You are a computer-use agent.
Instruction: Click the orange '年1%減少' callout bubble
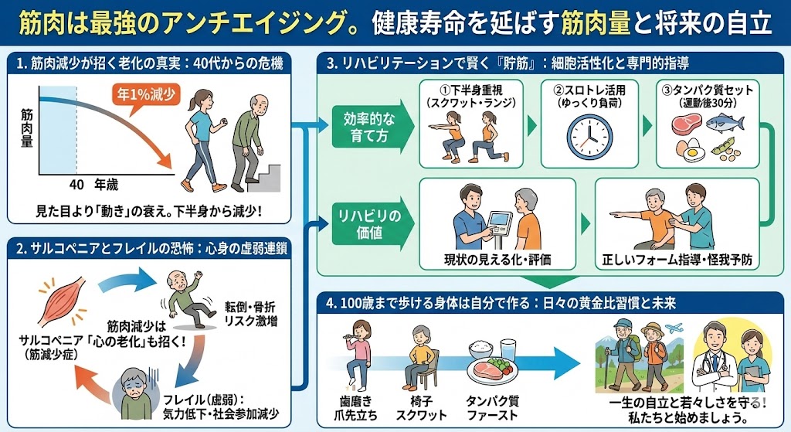point(146,95)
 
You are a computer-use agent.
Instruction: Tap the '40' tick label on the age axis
point(76,185)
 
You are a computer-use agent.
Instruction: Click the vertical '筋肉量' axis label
point(27,128)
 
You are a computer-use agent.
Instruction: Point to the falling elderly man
point(184,299)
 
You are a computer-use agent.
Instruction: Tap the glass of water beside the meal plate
point(508,350)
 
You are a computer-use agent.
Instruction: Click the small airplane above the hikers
point(674,328)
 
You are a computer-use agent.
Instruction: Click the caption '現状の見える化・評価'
point(497,260)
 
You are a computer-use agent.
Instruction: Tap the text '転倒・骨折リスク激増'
point(251,314)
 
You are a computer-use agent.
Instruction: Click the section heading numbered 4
point(501,303)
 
